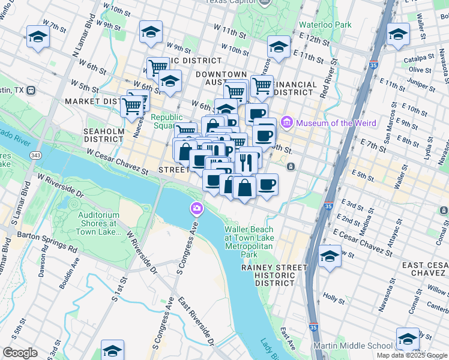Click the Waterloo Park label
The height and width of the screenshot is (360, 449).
(325, 25)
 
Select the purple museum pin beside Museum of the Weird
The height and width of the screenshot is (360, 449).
(287, 123)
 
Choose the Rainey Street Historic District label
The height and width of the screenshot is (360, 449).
(268, 275)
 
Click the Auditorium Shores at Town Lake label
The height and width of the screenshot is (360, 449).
(100, 220)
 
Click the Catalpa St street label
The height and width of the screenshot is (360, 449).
(419, 58)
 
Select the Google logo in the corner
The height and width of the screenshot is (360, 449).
(20, 353)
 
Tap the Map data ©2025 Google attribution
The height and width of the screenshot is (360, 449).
(411, 355)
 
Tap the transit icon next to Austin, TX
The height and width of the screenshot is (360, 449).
(30, 90)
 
